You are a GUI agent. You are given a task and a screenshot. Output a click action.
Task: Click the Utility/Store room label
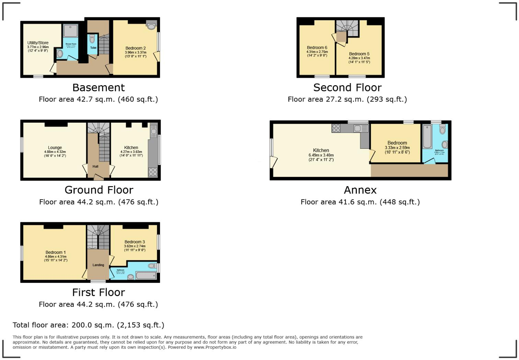pos(38,43)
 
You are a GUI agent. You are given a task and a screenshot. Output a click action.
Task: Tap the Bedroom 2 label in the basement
pos(136,48)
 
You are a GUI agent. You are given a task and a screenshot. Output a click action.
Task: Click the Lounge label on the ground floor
pos(55,148)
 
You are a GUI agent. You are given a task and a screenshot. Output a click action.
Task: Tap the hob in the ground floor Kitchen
pos(153,172)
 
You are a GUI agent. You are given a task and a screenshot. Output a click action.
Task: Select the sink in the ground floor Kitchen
pos(153,130)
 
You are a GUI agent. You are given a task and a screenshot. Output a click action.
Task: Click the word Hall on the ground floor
pos(95,167)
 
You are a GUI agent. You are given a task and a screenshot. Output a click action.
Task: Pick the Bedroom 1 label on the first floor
pos(56,252)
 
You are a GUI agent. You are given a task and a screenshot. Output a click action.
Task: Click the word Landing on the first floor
pos(99,265)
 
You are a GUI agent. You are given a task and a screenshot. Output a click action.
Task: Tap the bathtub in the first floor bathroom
pos(146,275)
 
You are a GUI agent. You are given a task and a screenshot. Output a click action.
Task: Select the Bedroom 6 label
pos(317,47)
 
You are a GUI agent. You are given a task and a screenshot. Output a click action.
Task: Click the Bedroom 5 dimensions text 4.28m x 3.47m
pos(359,58)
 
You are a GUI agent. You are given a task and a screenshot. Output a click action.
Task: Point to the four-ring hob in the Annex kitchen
pos(336,128)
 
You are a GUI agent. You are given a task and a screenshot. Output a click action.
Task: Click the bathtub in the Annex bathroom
pos(427,136)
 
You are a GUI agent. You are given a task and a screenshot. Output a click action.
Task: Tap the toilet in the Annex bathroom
pos(442,129)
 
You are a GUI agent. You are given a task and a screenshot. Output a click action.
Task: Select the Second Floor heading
pos(347,88)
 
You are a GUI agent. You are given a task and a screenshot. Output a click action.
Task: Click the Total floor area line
pos(89,325)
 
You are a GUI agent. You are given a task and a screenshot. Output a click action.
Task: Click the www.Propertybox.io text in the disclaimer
pos(215,347)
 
